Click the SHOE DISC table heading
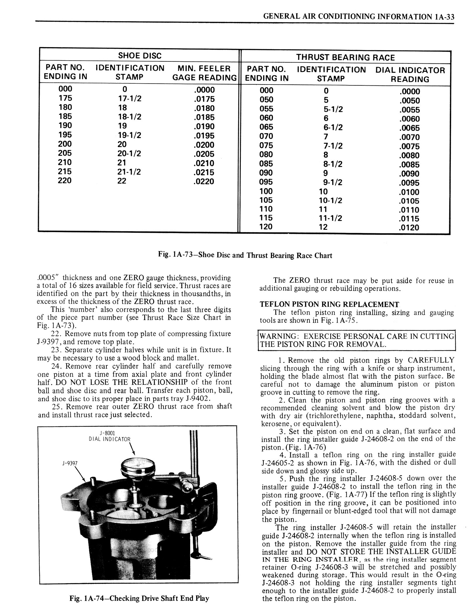(140, 56)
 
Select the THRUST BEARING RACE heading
(345, 57)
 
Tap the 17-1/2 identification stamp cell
(130, 99)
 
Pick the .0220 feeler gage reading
(204, 182)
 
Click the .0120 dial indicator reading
(409, 227)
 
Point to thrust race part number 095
(266, 182)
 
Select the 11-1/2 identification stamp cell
(331, 218)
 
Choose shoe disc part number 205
(65, 153)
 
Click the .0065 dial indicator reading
(409, 128)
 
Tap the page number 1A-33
(444, 17)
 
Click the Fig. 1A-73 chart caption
(245, 256)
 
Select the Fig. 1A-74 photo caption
(139, 598)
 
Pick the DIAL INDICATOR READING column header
(410, 75)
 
